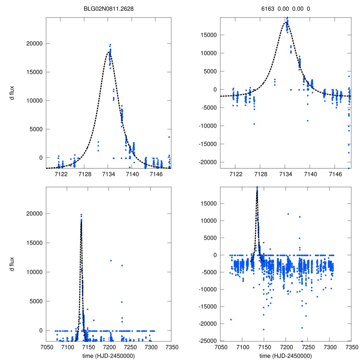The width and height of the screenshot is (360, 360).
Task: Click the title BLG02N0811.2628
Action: [108, 8]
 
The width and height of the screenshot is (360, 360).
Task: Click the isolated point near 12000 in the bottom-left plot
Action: [111, 261]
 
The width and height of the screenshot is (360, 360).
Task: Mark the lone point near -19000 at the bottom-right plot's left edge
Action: [231, 320]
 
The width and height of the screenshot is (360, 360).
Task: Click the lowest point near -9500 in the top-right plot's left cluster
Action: [254, 124]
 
